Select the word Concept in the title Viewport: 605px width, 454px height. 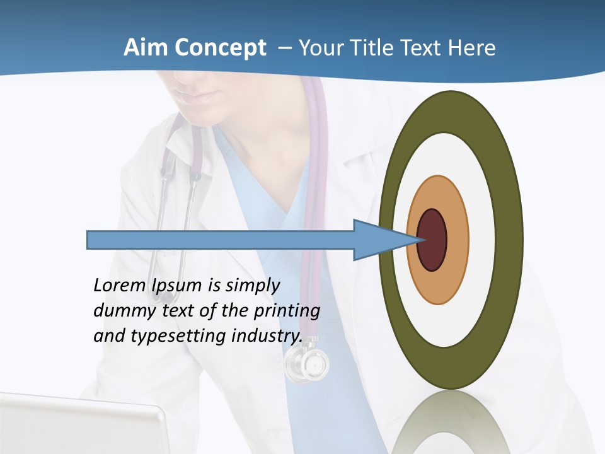click(x=220, y=47)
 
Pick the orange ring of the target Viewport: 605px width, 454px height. click(x=456, y=240)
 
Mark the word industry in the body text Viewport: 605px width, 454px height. click(x=267, y=335)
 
